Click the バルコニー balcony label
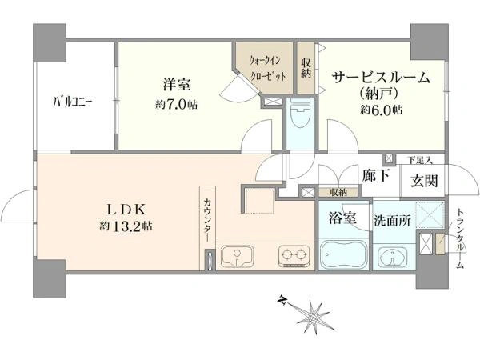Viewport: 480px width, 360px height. click(74, 102)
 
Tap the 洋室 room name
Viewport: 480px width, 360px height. click(177, 84)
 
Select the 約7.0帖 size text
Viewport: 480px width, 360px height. click(176, 105)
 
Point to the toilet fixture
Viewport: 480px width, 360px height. click(300, 114)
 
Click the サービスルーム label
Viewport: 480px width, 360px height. click(381, 78)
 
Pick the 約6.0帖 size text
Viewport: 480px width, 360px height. click(381, 110)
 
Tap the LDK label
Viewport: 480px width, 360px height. click(125, 210)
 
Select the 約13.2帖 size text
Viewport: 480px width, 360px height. click(126, 226)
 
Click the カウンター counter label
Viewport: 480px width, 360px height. click(207, 219)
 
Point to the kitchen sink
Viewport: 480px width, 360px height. click(237, 256)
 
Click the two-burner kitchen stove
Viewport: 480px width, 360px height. click(294, 256)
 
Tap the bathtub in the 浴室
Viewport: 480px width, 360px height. click(343, 255)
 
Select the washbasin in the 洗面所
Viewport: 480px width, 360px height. click(392, 257)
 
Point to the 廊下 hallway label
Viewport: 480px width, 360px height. click(376, 175)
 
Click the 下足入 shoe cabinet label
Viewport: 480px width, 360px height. click(419, 160)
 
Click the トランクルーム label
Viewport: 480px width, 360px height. click(459, 238)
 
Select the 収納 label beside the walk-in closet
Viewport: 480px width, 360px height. click(306, 68)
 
